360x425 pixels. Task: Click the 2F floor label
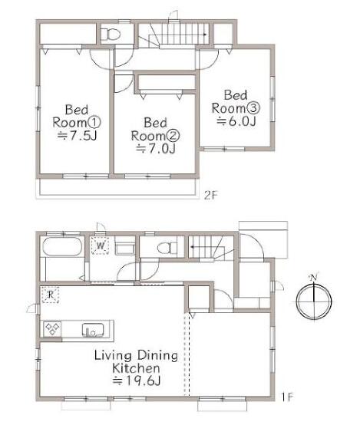point(211,195)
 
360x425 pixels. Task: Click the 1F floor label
point(286,397)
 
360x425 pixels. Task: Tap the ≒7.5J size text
point(77,136)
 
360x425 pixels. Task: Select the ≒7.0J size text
point(156,148)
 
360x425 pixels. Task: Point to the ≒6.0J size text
point(236,121)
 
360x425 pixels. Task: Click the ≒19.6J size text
point(137,381)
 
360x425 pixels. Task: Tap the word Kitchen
point(136,368)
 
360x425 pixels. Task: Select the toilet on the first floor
point(167,248)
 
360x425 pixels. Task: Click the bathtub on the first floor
point(63,246)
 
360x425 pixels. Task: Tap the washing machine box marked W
point(101,245)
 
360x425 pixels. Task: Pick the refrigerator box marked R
point(51,295)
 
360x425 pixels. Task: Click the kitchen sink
point(93,330)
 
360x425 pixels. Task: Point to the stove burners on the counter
point(52,328)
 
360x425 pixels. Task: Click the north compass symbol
point(314,300)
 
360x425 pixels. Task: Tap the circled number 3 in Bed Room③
point(253,108)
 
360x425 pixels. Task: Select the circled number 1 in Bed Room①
point(94,123)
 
